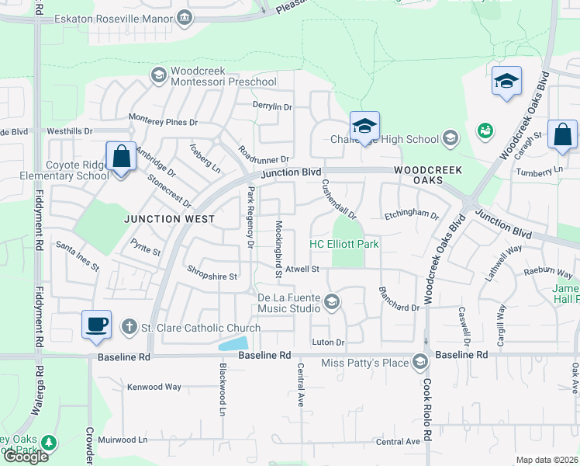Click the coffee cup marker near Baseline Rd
[97, 325]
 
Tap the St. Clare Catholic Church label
[200, 328]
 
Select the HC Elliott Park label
[344, 244]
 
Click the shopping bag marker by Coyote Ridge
[122, 156]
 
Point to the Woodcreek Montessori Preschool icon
[159, 75]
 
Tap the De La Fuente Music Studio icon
[332, 301]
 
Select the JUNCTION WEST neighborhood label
[170, 220]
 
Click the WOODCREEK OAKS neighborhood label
[427, 175]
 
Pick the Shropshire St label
[212, 276]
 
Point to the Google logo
[26, 457]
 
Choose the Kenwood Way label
[154, 386]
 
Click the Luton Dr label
[327, 342]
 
